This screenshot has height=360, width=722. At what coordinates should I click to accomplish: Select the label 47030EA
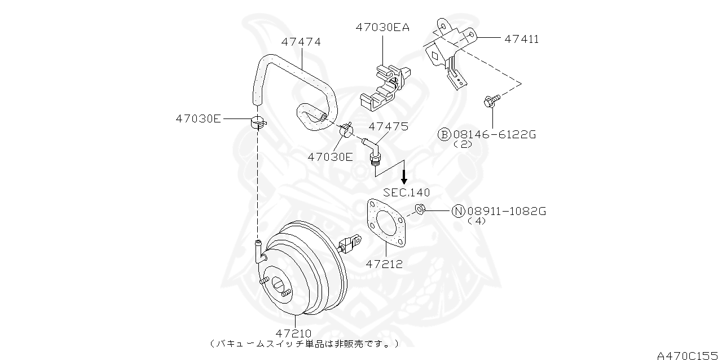[382, 27]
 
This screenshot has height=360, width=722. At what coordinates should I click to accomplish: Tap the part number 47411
[521, 39]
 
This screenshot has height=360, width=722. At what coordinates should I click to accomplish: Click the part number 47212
[384, 264]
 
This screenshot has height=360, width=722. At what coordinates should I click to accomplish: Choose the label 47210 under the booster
[294, 333]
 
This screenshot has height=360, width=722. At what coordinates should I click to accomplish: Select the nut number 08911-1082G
[507, 211]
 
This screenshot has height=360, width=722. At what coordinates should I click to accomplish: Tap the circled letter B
[444, 134]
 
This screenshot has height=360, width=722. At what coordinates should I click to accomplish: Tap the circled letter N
[458, 211]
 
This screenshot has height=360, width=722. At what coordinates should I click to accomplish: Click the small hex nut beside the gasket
[419, 210]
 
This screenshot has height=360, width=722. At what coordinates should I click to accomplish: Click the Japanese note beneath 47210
[305, 343]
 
